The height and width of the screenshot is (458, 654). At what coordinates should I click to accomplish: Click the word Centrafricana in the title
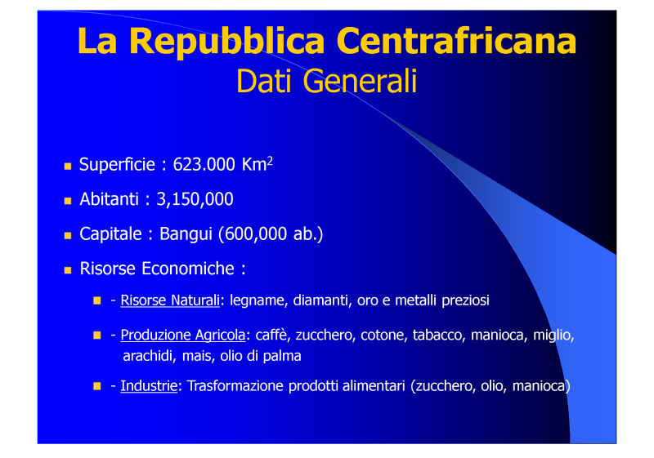tap(456, 41)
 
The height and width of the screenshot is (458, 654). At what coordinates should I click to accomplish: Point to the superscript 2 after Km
tap(270, 160)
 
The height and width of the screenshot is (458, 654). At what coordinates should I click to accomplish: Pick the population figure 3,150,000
tap(195, 199)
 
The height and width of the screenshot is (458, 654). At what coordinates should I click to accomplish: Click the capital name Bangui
tap(186, 235)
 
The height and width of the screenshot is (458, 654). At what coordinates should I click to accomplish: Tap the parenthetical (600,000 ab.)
tap(271, 234)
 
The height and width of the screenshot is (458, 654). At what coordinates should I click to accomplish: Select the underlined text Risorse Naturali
tap(170, 300)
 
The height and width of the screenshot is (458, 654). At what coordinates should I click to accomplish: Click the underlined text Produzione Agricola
tap(183, 336)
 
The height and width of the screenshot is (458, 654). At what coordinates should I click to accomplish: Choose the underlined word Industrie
tap(149, 386)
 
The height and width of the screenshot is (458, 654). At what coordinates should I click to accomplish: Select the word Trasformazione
tap(235, 386)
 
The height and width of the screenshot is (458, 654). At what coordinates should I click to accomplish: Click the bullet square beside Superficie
tap(68, 167)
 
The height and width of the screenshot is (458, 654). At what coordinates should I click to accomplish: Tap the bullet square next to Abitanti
tap(68, 201)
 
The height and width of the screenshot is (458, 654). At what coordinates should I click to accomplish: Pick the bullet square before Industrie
tap(97, 386)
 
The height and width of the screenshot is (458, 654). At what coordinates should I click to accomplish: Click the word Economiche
tap(188, 269)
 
